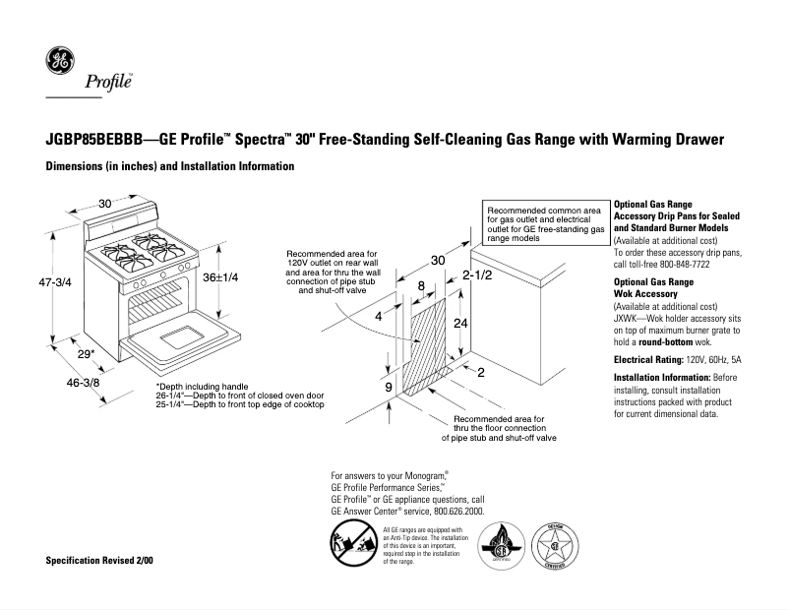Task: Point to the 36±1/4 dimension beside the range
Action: coord(220,278)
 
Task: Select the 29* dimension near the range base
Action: coord(86,352)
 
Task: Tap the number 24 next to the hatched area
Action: coord(458,323)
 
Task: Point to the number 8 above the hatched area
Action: coord(421,286)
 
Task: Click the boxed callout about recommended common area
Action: coord(544,224)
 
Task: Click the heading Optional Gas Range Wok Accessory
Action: coord(654,288)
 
